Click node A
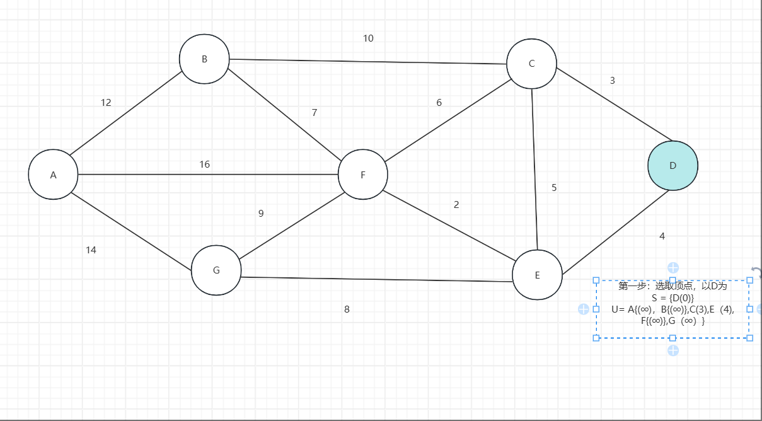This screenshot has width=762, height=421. pyautogui.click(x=53, y=175)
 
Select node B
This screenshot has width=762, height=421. pyautogui.click(x=204, y=59)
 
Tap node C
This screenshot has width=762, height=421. pyautogui.click(x=531, y=64)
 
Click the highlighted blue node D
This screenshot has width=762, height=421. pyautogui.click(x=673, y=165)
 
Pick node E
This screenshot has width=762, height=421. pyautogui.click(x=537, y=275)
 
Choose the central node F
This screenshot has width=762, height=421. pyautogui.click(x=363, y=175)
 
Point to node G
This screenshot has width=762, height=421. pyautogui.click(x=216, y=270)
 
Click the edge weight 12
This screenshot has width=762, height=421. pyautogui.click(x=106, y=103)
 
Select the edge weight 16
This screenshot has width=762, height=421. pyautogui.click(x=205, y=164)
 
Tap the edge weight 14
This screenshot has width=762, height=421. pyautogui.click(x=91, y=250)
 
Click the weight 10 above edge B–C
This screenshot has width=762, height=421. pyautogui.click(x=368, y=38)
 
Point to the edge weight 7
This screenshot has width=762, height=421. pyautogui.click(x=315, y=113)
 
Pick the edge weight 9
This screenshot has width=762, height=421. pyautogui.click(x=261, y=214)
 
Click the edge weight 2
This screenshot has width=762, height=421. pyautogui.click(x=456, y=205)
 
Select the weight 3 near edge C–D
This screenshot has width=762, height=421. pyautogui.click(x=612, y=81)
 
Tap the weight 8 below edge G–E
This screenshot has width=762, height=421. pyautogui.click(x=347, y=309)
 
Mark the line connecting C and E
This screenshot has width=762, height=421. pyautogui.click(x=534, y=170)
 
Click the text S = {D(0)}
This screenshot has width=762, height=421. pyautogui.click(x=673, y=297)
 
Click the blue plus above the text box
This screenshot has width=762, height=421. pyautogui.click(x=673, y=268)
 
